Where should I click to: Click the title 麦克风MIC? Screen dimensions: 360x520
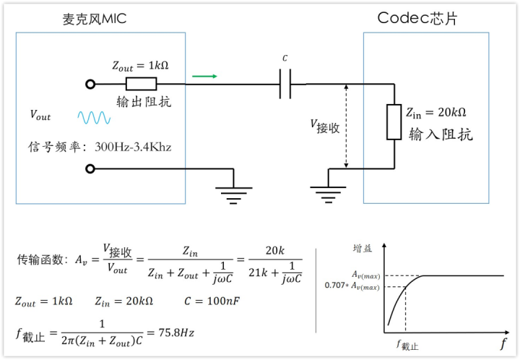click(94, 19)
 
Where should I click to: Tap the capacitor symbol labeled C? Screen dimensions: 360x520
click(285, 85)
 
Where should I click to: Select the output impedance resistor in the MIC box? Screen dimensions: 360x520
click(141, 84)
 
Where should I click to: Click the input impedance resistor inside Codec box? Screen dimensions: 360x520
click(394, 121)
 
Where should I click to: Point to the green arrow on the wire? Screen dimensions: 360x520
click(204, 74)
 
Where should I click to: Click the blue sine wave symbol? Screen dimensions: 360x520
click(94, 117)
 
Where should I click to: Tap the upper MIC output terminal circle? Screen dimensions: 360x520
click(90, 85)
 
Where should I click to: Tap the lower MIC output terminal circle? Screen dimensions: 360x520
click(90, 169)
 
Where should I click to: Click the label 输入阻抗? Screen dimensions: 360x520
click(441, 134)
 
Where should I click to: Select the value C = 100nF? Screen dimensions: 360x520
click(197, 301)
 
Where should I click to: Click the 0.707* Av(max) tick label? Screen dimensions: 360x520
click(354, 287)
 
